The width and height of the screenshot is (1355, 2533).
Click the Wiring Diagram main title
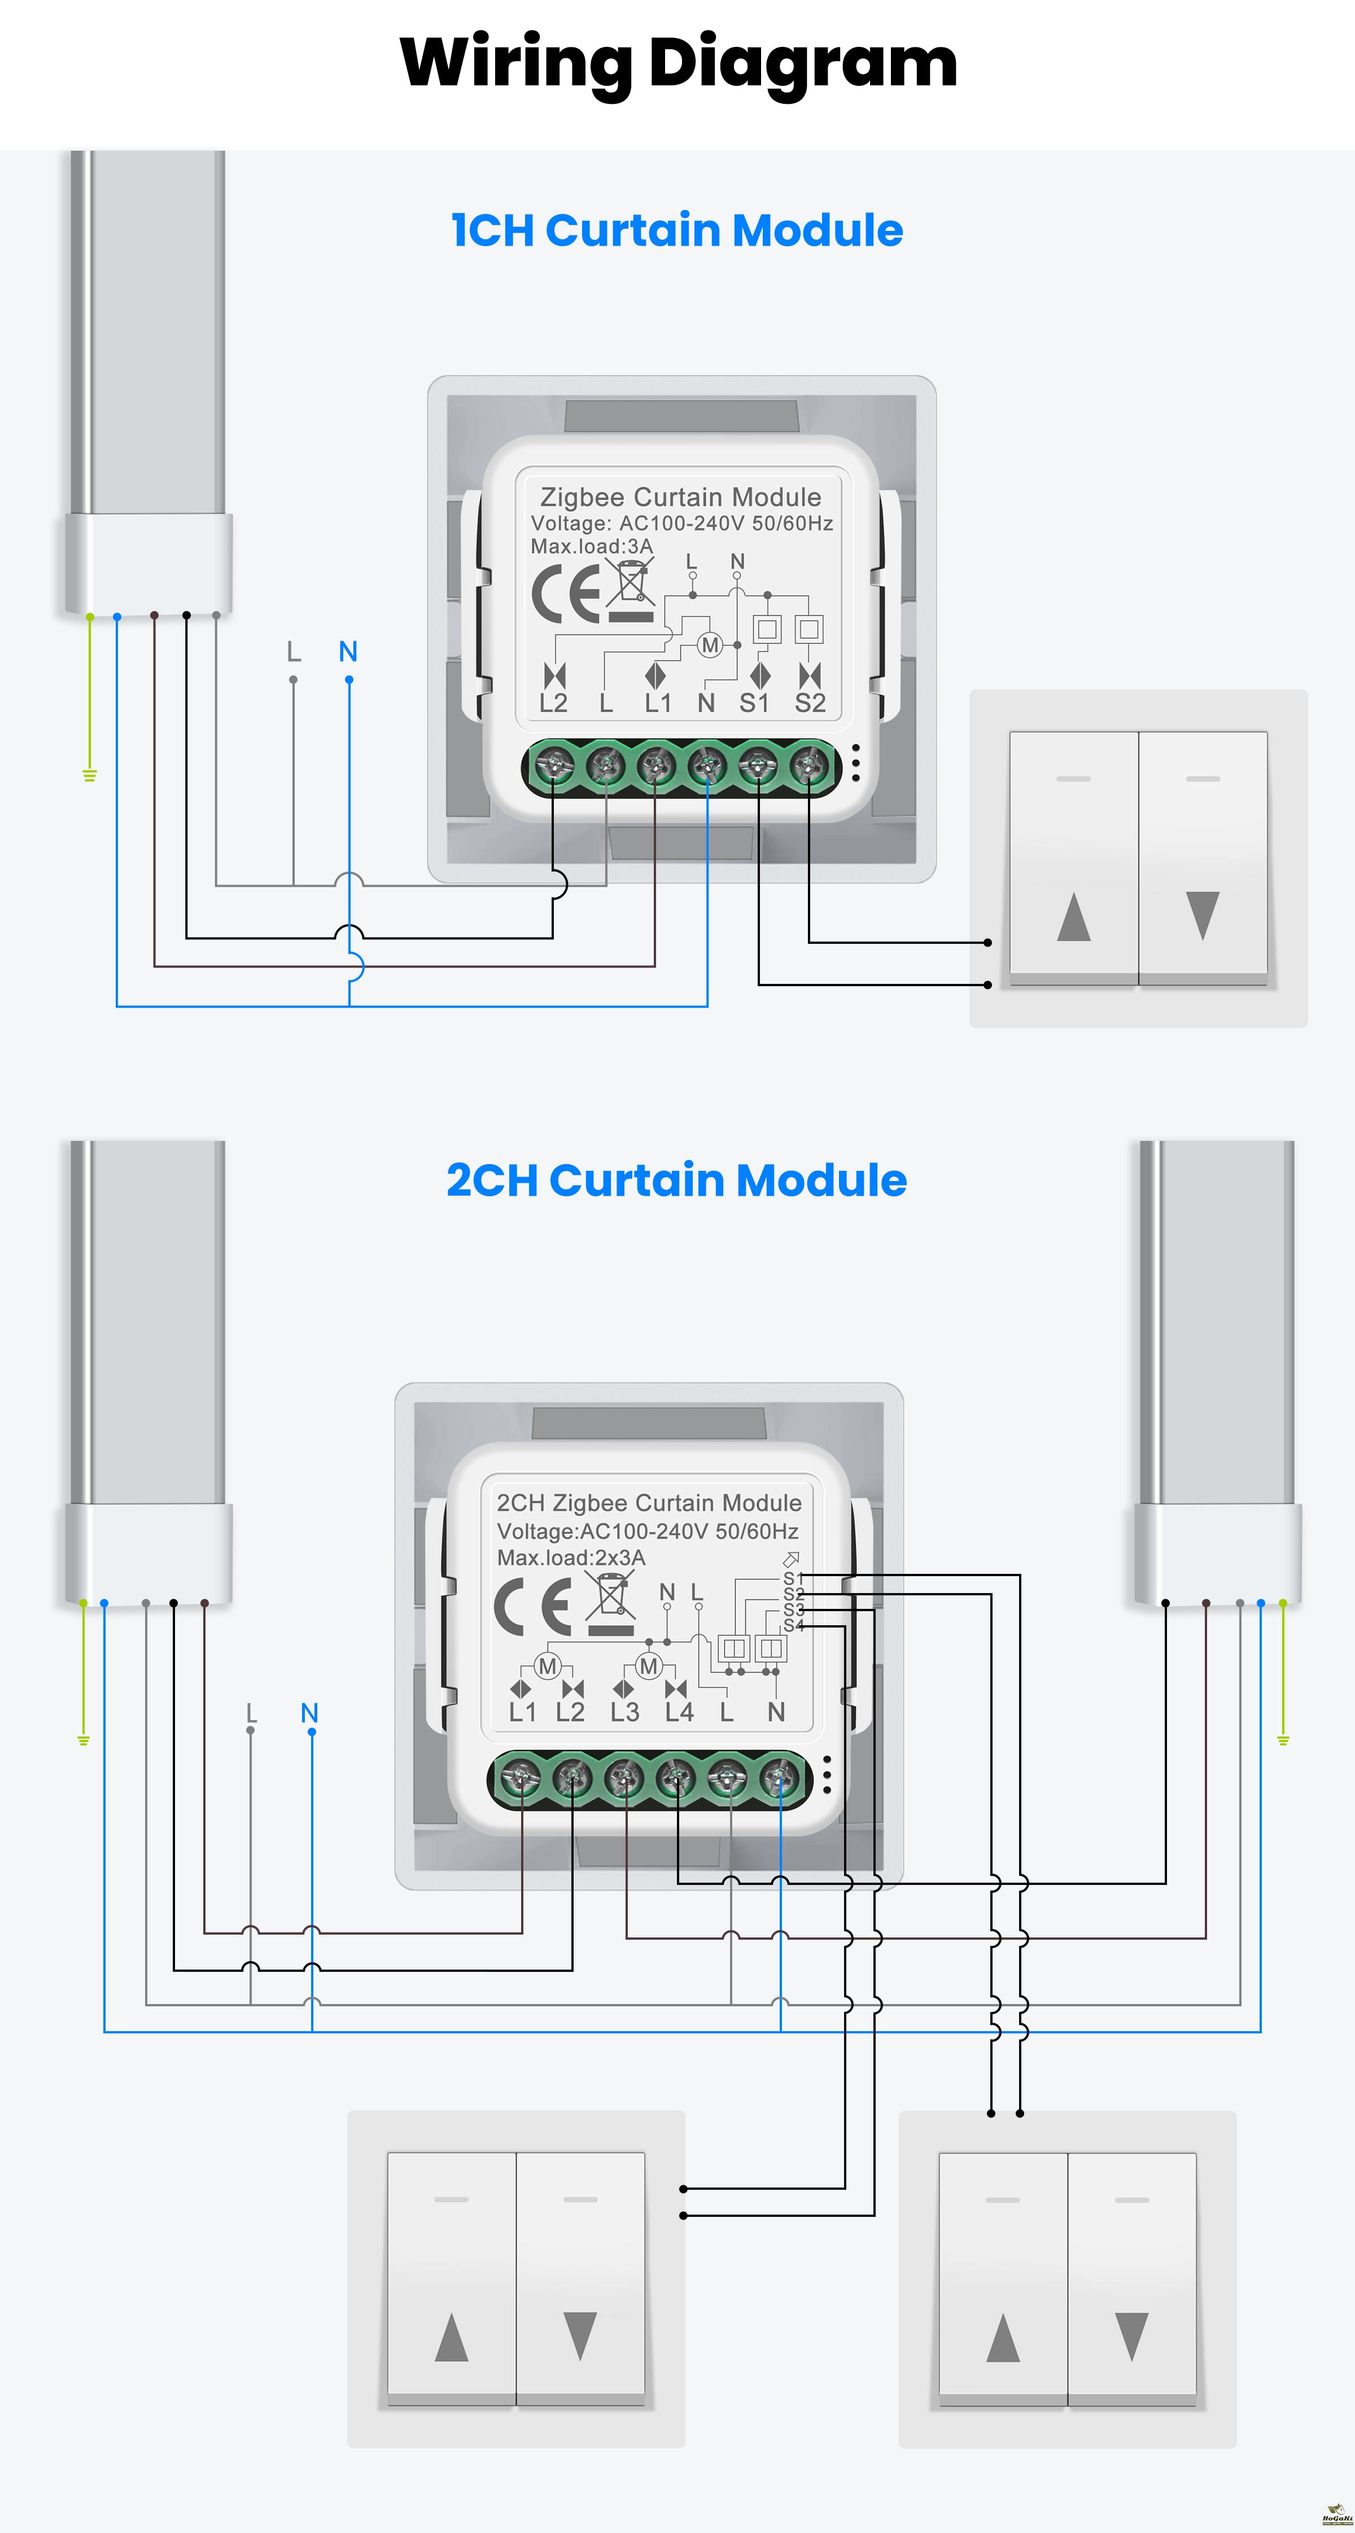(x=677, y=63)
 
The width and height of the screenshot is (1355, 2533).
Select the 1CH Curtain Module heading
(x=676, y=230)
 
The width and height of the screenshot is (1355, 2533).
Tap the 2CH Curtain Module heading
(x=676, y=1180)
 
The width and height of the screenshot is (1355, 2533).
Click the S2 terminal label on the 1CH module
(x=810, y=703)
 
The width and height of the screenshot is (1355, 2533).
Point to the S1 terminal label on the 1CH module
(x=754, y=703)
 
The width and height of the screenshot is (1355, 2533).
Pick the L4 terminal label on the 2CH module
(x=679, y=1712)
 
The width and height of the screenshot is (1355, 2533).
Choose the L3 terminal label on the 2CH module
(x=624, y=1712)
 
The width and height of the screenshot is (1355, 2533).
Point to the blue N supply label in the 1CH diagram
(x=348, y=651)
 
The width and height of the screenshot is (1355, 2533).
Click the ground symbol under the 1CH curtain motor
(x=89, y=776)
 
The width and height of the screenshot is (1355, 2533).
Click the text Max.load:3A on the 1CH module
(x=591, y=546)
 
